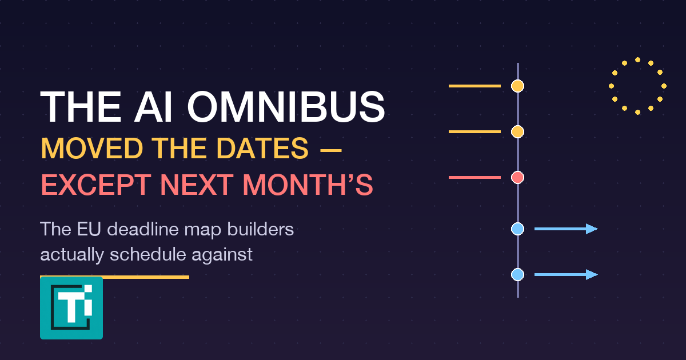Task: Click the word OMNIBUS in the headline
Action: coord(286,107)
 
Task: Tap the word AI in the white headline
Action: coord(153,107)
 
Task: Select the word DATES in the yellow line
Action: coord(263,149)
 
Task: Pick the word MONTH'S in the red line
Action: coord(308,185)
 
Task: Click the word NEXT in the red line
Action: coord(197,185)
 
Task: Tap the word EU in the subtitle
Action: coord(89,229)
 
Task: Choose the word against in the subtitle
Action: coord(222,255)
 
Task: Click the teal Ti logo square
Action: coord(71,308)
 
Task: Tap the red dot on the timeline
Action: coord(517,178)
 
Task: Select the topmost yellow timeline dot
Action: coord(517,86)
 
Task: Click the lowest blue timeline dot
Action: coord(517,275)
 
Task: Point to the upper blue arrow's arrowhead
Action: coord(592,229)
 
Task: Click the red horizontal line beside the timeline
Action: coord(474,178)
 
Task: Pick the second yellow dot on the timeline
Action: coord(517,132)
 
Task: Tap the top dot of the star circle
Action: coord(637,59)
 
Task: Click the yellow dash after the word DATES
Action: coord(331,150)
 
